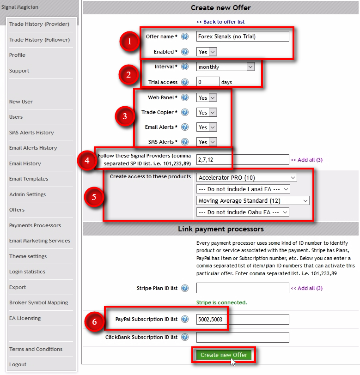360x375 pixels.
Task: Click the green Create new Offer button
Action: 224,355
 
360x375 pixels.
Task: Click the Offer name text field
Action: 243,36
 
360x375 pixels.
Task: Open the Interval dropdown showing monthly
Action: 226,67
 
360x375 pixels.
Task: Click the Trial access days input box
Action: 208,82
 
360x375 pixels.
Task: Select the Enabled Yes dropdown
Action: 207,52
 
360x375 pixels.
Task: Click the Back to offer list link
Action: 220,22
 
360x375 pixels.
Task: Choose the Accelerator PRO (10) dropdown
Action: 247,177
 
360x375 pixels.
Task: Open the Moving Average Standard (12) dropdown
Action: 253,200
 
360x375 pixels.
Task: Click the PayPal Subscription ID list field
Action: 243,320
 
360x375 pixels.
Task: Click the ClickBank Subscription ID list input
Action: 243,337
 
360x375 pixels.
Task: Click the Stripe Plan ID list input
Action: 243,288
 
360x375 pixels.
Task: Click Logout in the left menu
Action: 18,364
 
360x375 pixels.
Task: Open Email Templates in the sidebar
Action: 29,179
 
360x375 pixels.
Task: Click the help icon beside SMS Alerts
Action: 185,142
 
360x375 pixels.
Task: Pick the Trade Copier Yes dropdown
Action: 207,112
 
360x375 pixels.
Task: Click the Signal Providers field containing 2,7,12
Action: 243,160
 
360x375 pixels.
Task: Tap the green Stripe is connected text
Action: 221,302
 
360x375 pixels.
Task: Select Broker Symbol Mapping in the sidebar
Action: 38,302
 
